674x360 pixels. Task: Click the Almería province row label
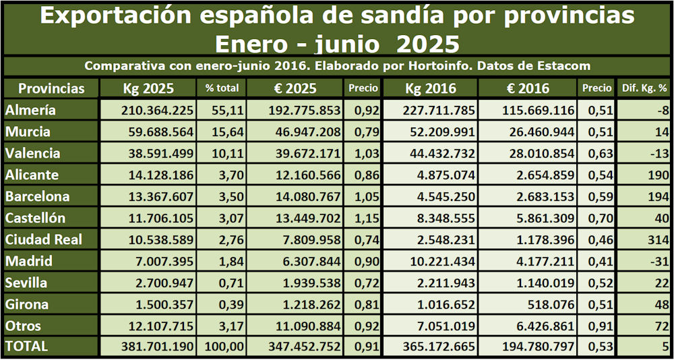[30, 110]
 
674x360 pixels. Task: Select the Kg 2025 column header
[148, 88]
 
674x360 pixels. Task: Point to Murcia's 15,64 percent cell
[222, 131]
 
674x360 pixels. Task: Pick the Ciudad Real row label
[42, 239]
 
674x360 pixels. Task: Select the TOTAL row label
[26, 346]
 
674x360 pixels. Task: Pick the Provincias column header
[51, 88]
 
